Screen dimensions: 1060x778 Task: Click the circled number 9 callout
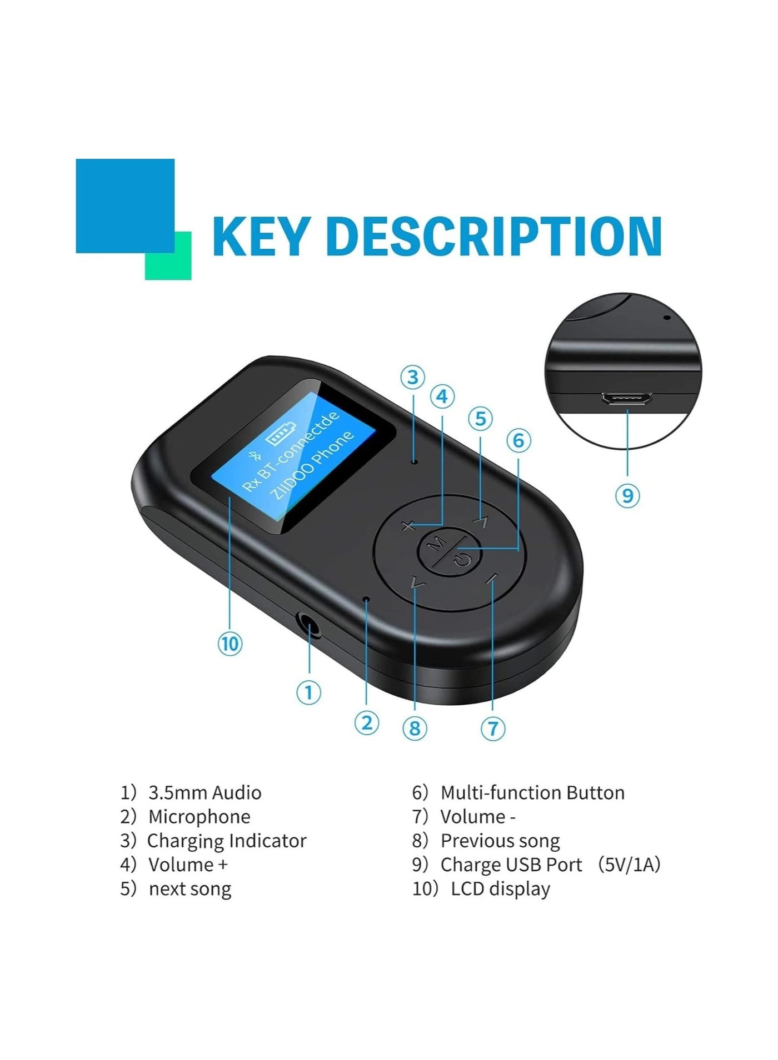pos(627,495)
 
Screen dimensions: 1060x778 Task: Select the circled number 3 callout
pos(412,378)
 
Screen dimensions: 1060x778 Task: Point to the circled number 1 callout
pos(308,692)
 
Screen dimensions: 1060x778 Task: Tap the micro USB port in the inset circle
pos(627,399)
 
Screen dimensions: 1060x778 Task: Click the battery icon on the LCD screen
pos(281,435)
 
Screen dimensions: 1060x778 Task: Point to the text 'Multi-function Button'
pos(532,792)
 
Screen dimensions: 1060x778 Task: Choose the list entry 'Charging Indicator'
pos(227,841)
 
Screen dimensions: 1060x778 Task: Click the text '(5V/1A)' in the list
pos(629,865)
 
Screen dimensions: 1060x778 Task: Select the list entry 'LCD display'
pos(500,888)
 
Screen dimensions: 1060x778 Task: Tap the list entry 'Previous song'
pos(500,841)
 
